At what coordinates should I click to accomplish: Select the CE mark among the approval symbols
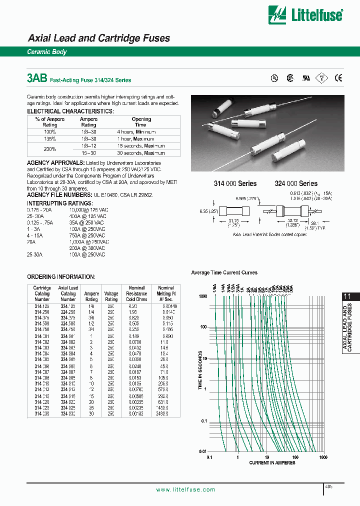pyautogui.click(x=338, y=77)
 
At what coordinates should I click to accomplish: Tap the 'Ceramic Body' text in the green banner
pyautogui.click(x=46, y=52)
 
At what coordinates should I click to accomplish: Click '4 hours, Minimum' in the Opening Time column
pyautogui.click(x=141, y=132)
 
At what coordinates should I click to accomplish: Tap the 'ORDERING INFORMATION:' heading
pyautogui.click(x=61, y=276)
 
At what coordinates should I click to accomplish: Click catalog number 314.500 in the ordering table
pyautogui.click(x=42, y=323)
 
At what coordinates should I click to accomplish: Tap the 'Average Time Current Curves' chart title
pyautogui.click(x=224, y=272)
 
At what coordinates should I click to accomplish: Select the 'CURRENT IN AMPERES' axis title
pyautogui.click(x=272, y=463)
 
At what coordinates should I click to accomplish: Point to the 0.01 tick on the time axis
pyautogui.click(x=203, y=451)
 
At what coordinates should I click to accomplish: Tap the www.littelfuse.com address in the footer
pyautogui.click(x=185, y=489)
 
